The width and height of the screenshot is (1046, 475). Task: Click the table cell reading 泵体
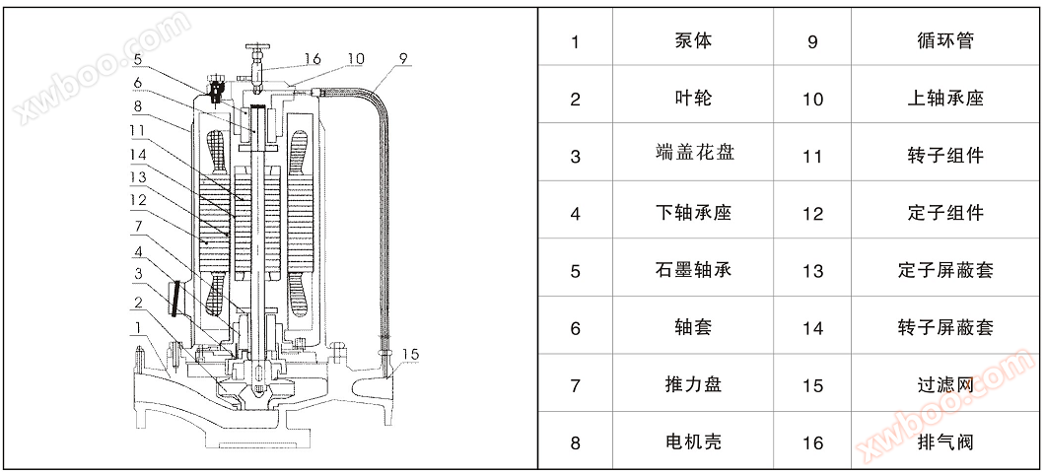(693, 41)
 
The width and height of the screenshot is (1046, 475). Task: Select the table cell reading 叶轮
(693, 99)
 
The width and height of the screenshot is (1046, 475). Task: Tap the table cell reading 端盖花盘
(693, 155)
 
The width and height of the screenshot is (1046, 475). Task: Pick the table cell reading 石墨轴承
(693, 270)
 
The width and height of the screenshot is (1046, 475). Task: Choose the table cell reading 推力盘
(693, 384)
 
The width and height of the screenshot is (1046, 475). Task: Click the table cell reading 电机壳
(693, 441)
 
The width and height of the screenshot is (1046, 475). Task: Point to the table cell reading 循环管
(944, 41)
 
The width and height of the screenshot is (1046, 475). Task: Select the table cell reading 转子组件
(944, 155)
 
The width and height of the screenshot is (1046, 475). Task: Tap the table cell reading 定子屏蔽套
(944, 270)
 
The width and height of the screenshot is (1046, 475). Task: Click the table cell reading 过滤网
(944, 384)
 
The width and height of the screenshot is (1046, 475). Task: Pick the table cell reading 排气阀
(944, 441)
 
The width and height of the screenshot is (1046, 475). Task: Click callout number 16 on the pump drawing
(312, 59)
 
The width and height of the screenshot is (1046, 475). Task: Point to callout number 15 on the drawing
(411, 354)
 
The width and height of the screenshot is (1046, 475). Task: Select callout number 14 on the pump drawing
(138, 154)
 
